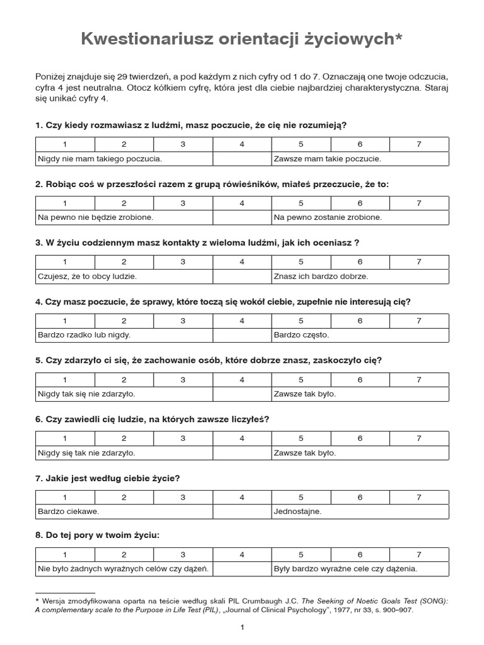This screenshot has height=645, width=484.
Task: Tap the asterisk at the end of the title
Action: [x=398, y=38]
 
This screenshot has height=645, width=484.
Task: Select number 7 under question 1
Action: [x=419, y=144]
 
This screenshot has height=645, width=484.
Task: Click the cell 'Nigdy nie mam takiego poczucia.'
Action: [x=100, y=159]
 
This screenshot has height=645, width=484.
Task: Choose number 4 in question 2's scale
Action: [x=242, y=203]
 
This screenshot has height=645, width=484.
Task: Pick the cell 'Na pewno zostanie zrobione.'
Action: [x=328, y=217]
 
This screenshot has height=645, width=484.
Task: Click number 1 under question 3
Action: [x=65, y=261]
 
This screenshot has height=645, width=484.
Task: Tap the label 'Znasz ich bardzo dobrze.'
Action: [x=321, y=276]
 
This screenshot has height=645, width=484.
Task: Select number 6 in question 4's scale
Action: [x=360, y=321]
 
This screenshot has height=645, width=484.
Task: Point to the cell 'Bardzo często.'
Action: [x=301, y=334]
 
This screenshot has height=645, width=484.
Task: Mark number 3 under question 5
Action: [x=183, y=379]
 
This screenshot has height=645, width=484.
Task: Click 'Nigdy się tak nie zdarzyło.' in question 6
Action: [x=86, y=452]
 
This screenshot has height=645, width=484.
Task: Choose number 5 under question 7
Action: [x=301, y=497]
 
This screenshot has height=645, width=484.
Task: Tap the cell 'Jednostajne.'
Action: [x=297, y=511]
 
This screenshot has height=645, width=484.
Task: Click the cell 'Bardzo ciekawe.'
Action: [x=69, y=511]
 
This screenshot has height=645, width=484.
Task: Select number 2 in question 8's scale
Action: [x=124, y=555]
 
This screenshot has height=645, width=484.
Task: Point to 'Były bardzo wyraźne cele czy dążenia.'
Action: [x=345, y=569]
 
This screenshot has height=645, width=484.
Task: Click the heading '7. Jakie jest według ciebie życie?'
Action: [x=108, y=478]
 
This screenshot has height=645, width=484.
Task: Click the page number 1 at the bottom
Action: [x=242, y=627]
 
